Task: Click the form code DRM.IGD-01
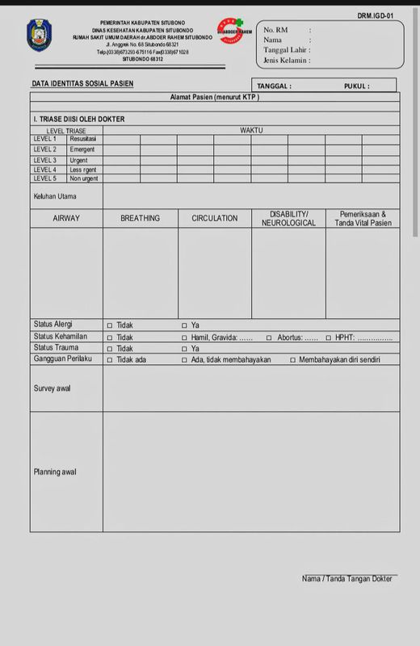click(x=376, y=15)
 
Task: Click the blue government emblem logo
click(x=40, y=36)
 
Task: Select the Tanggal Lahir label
click(x=286, y=49)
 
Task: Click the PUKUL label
click(x=356, y=86)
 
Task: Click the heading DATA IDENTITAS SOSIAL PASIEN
click(x=82, y=84)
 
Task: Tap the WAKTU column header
click(x=251, y=130)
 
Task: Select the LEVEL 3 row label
click(x=44, y=160)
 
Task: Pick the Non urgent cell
click(x=84, y=178)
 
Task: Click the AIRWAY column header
click(x=66, y=218)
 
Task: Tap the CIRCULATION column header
click(x=214, y=218)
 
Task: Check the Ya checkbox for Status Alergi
click(x=184, y=325)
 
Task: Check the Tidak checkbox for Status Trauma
click(x=110, y=349)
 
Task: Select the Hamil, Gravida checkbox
click(x=184, y=338)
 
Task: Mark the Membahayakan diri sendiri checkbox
click(x=292, y=360)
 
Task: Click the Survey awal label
click(x=52, y=388)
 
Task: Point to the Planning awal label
click(x=55, y=472)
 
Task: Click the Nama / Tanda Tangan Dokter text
click(x=346, y=579)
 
